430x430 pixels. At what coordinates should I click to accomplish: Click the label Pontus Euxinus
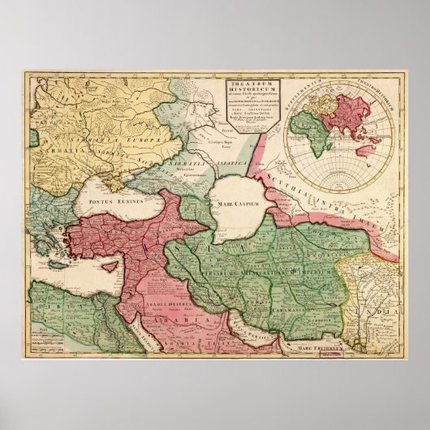coord(116,199)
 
